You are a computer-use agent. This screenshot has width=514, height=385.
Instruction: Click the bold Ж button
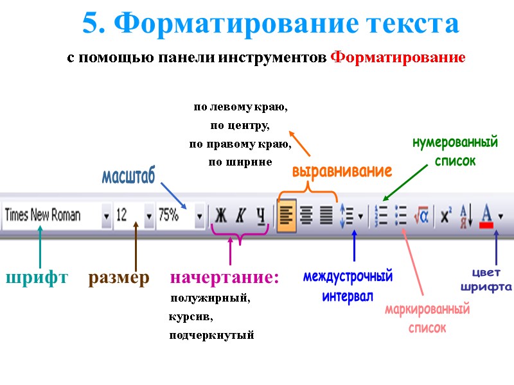[x=221, y=216]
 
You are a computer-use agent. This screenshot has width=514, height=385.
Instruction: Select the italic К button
[x=240, y=216]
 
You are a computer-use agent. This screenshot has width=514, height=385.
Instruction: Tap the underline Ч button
[x=260, y=216]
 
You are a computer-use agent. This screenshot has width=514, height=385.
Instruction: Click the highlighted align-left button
[x=287, y=216]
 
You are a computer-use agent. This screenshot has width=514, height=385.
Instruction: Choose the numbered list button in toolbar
[x=382, y=216]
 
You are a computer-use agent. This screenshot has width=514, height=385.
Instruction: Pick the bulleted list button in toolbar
[x=402, y=216]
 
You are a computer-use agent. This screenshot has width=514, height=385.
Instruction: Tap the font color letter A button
[x=487, y=215]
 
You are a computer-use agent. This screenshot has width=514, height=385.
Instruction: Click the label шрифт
[x=37, y=278]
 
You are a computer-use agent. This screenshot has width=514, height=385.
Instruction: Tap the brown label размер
[x=119, y=278]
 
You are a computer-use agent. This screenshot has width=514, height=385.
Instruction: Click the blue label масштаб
[x=128, y=176]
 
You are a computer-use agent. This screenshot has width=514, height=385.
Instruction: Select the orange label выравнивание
[x=342, y=172]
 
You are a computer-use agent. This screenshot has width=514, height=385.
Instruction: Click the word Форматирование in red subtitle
[x=398, y=58]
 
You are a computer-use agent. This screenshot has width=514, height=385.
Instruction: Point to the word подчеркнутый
[x=211, y=335]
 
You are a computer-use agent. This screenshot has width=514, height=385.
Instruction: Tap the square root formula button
[x=421, y=216]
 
